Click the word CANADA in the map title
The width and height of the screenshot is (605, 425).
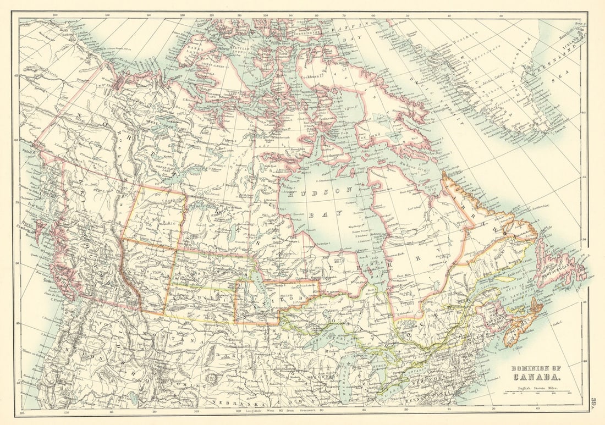pyautogui.click(x=538, y=377)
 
